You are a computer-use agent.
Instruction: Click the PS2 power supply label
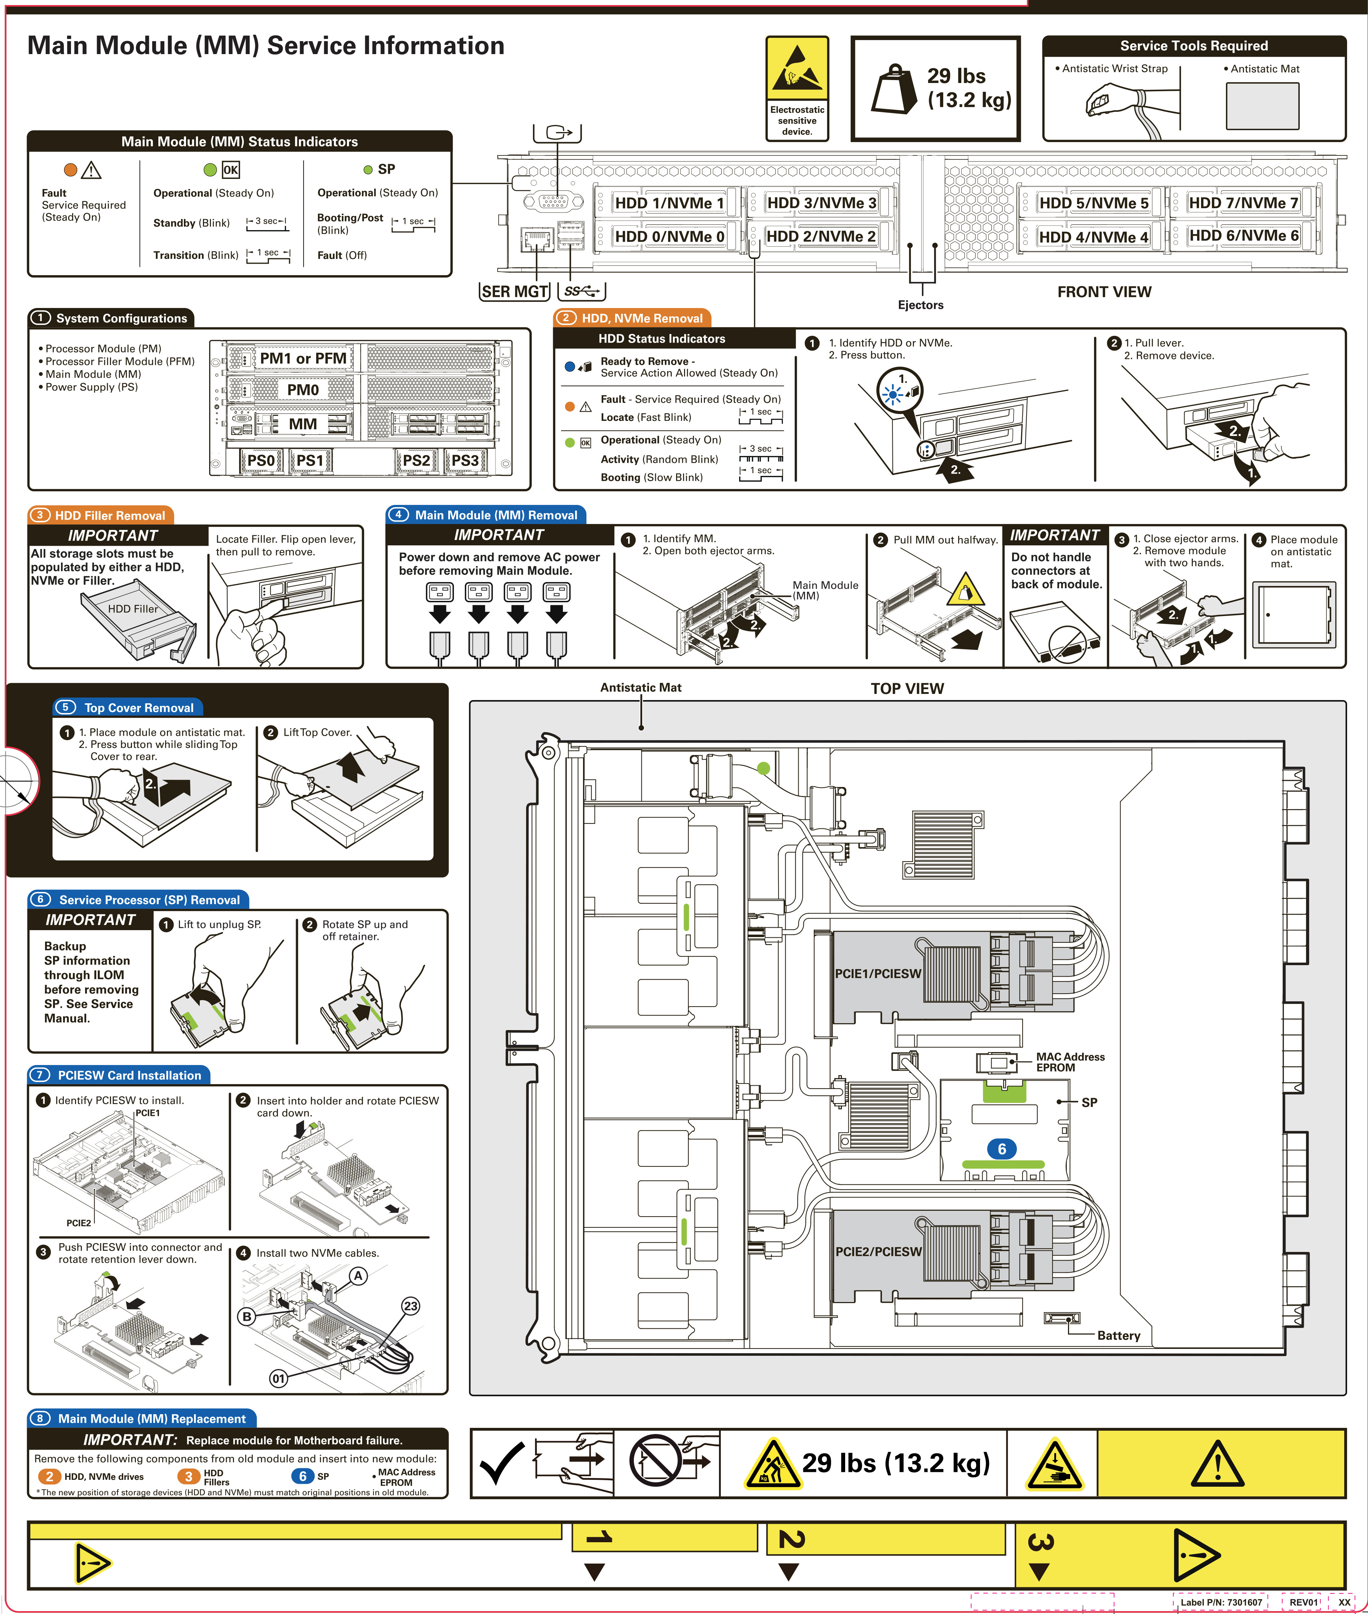pyautogui.click(x=416, y=461)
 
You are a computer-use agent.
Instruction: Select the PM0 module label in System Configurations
pyautogui.click(x=303, y=390)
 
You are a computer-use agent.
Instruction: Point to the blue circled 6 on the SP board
pyautogui.click(x=1001, y=1149)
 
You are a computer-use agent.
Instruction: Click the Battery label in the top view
pyautogui.click(x=1118, y=1336)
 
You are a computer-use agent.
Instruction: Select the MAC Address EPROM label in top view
pyautogui.click(x=1070, y=1062)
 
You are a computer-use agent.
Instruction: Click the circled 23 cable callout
pyautogui.click(x=410, y=1306)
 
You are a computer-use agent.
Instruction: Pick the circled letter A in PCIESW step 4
pyautogui.click(x=358, y=1276)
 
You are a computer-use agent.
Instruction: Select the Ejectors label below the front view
pyautogui.click(x=921, y=305)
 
